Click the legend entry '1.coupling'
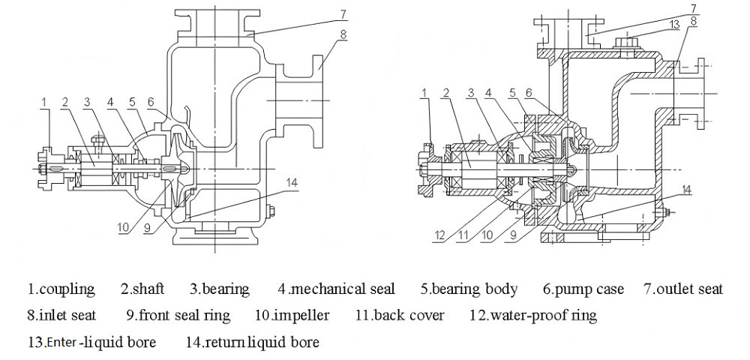point(61,289)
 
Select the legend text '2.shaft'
point(142,289)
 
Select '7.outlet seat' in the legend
point(682,289)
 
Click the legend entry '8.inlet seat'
point(61,315)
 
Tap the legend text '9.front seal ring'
point(178,315)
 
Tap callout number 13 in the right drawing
point(675,24)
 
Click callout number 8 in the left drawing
point(343,34)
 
